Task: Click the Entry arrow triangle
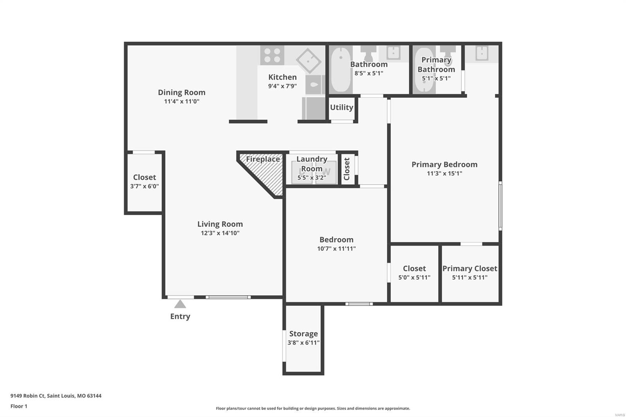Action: pyautogui.click(x=180, y=304)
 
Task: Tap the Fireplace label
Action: pyautogui.click(x=263, y=159)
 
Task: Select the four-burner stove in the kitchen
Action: pyautogui.click(x=272, y=55)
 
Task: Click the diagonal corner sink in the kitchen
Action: pyautogui.click(x=309, y=61)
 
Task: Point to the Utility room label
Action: pyautogui.click(x=342, y=107)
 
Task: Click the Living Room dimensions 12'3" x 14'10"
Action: pyautogui.click(x=220, y=233)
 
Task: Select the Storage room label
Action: pyautogui.click(x=304, y=334)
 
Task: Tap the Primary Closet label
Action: pyautogui.click(x=470, y=269)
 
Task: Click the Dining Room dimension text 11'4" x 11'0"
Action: pyautogui.click(x=182, y=101)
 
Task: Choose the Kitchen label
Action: pyautogui.click(x=282, y=77)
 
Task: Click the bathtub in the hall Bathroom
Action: pyautogui.click(x=341, y=69)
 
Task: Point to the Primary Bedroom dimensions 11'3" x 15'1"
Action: pyautogui.click(x=444, y=173)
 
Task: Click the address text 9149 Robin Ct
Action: pyautogui.click(x=28, y=396)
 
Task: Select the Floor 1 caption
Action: pyautogui.click(x=19, y=406)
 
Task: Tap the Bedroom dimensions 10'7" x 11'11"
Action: pyautogui.click(x=336, y=248)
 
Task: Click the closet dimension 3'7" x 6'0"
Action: pyautogui.click(x=144, y=186)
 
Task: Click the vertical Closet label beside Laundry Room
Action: pyautogui.click(x=347, y=169)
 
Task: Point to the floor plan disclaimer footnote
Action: pyautogui.click(x=313, y=408)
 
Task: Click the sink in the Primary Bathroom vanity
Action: pyautogui.click(x=482, y=53)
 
